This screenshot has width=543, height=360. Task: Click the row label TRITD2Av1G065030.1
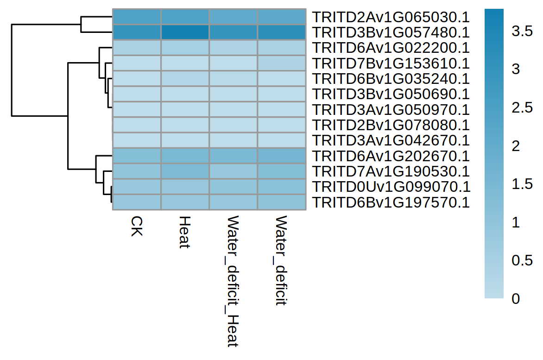click(391, 17)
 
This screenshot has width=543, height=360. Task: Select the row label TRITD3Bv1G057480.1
click(391, 32)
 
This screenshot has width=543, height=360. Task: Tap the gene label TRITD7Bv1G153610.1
click(391, 63)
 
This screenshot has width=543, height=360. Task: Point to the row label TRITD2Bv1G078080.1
click(391, 125)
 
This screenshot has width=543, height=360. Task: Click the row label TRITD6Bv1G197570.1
click(391, 202)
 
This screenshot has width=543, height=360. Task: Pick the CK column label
click(136, 226)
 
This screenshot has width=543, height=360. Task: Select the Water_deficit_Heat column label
click(233, 281)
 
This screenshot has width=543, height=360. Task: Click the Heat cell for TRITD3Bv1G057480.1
click(185, 32)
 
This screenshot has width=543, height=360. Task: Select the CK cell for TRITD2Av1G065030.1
click(137, 17)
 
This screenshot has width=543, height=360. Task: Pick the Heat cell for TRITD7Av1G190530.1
click(185, 171)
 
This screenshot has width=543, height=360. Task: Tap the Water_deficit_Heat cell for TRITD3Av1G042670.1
click(233, 140)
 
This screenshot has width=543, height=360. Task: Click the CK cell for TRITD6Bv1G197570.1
click(137, 202)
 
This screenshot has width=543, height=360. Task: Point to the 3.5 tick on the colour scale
click(522, 32)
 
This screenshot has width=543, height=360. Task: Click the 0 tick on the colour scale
click(515, 299)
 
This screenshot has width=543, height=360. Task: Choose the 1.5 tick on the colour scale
click(522, 184)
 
